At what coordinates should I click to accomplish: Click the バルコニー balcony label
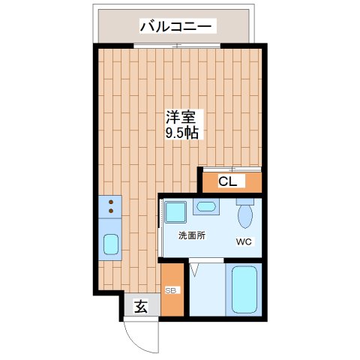coord(178,28)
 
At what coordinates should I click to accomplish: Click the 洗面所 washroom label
coord(191,235)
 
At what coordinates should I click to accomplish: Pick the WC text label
coord(244,241)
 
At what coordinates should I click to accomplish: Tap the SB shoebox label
coord(170,290)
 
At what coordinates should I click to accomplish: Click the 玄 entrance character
coord(140,306)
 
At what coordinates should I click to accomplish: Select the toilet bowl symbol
coord(244,217)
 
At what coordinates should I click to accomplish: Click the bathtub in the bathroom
coord(244,290)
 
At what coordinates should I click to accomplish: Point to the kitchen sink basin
coord(110,244)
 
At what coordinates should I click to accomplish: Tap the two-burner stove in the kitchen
coord(110,207)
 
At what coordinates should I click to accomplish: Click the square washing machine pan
coord(176,213)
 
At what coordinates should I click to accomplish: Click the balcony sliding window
coord(177,46)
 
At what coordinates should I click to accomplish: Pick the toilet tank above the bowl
coord(244,201)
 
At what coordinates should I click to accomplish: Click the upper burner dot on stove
coord(110,201)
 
